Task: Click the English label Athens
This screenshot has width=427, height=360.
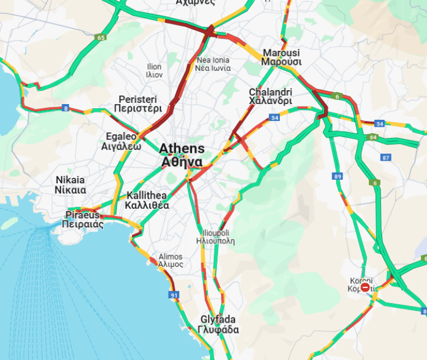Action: (182, 148)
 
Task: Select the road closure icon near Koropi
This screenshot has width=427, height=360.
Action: (365, 287)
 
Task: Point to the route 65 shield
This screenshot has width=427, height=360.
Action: (102, 38)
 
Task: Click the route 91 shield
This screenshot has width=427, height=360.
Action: (174, 295)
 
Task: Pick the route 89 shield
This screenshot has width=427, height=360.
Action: (338, 176)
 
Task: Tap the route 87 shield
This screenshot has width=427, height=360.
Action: (386, 158)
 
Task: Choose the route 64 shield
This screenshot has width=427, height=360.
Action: (373, 137)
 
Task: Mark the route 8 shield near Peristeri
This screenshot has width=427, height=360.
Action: (66, 108)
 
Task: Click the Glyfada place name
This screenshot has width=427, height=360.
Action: (218, 319)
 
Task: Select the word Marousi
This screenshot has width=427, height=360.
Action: (280, 52)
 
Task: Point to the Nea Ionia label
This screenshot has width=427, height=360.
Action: (213, 60)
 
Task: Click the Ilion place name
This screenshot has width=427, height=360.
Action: (154, 67)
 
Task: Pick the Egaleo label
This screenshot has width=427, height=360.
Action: (121, 137)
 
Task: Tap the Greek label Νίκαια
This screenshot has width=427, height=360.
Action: (70, 190)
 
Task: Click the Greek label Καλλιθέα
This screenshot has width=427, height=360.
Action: (147, 205)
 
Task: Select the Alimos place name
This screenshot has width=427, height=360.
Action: (170, 256)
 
